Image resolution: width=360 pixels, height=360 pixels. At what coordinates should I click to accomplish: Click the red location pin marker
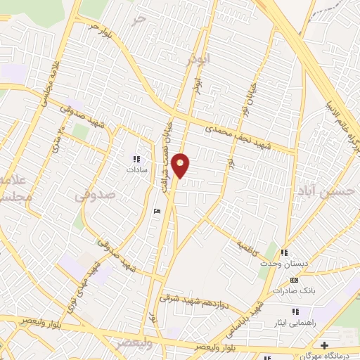tap(181, 165)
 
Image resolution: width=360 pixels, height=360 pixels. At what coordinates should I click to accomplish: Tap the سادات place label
tap(135, 170)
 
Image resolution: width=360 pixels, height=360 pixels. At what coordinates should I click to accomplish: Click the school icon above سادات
tap(136, 160)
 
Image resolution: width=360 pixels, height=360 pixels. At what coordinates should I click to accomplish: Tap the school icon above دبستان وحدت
tap(284, 252)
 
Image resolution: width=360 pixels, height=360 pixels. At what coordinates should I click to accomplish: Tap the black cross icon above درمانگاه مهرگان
tap(324, 345)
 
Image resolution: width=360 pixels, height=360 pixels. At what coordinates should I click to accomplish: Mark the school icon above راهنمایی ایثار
tap(295, 311)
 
